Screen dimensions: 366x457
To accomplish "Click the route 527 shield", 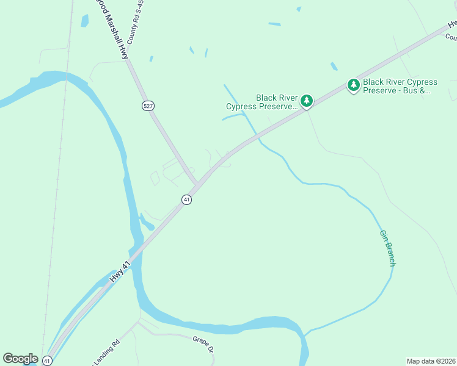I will (x=147, y=106).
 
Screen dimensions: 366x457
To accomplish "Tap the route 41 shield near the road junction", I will (x=186, y=199).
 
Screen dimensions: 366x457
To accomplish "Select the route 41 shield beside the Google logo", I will (x=47, y=361).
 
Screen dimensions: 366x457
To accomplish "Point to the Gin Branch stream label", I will (x=388, y=248).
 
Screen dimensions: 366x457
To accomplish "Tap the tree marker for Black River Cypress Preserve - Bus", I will (x=354, y=85).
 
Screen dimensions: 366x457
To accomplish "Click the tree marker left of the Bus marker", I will (x=307, y=101).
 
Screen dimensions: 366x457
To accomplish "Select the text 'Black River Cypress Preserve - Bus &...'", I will (x=400, y=86).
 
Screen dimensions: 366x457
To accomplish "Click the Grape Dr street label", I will (x=203, y=345).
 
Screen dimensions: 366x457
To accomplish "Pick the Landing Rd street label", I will (x=107, y=356).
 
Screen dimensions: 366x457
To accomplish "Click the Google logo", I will (x=20, y=359).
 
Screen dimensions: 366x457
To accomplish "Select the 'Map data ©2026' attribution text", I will (x=431, y=361).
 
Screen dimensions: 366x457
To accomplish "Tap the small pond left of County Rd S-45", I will (x=84, y=20).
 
